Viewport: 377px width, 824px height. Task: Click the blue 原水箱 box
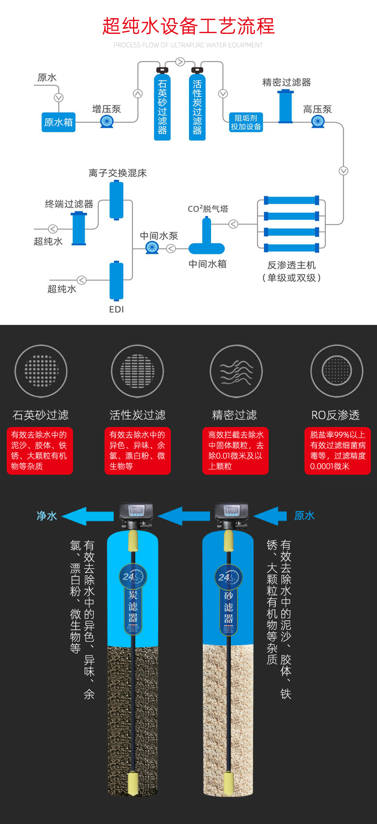(x=58, y=122)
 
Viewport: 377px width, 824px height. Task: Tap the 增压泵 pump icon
(x=107, y=122)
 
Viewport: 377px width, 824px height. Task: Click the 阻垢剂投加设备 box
(x=246, y=122)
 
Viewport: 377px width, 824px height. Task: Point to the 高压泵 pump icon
(x=318, y=122)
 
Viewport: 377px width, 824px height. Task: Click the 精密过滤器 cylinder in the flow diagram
(x=286, y=106)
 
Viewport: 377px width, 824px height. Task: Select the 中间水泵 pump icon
(x=152, y=248)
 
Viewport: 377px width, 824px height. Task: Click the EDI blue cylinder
(x=116, y=281)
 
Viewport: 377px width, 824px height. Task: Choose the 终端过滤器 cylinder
(x=79, y=229)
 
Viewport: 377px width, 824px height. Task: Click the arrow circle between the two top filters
(x=180, y=62)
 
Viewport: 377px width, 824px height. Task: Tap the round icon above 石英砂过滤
(x=41, y=371)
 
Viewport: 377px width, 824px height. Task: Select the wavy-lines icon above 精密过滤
(x=236, y=371)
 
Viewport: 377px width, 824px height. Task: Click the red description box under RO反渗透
(x=337, y=451)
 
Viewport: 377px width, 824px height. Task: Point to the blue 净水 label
(x=47, y=516)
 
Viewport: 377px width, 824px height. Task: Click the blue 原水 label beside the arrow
(x=304, y=516)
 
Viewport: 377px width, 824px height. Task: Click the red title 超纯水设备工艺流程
(x=188, y=26)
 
